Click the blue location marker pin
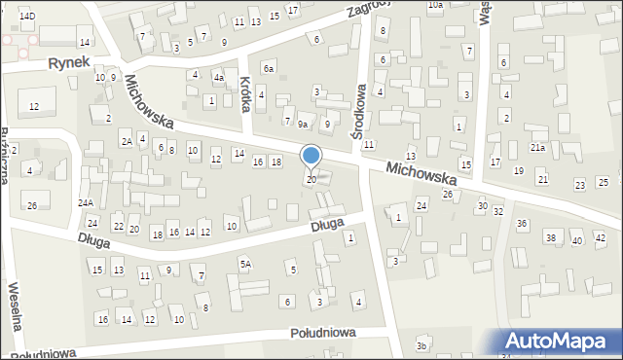point(311,156)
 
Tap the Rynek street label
point(69,61)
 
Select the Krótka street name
point(246,94)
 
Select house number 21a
point(537,147)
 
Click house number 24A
point(86,202)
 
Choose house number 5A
point(246,264)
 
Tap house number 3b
point(421,346)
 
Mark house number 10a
point(435,5)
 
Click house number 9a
point(304,125)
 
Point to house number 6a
point(269,67)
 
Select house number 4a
point(219,77)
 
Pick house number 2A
point(127,142)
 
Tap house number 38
point(550,237)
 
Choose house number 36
point(522,224)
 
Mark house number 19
point(518,170)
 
